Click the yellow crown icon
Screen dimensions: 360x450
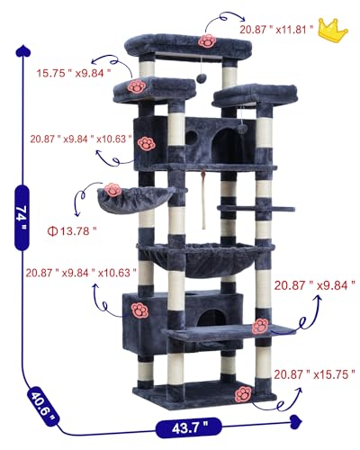(x=332, y=29)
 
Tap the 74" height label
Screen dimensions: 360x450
(x=22, y=218)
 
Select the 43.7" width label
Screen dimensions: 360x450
(x=189, y=427)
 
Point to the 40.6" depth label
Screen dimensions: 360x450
(x=43, y=403)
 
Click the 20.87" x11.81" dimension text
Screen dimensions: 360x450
(x=276, y=30)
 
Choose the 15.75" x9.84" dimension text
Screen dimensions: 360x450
(x=74, y=73)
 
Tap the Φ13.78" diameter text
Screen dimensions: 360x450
(x=72, y=231)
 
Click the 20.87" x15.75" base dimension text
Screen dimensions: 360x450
(x=314, y=374)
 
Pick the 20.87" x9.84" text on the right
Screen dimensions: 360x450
(x=315, y=285)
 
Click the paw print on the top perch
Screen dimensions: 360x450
(x=207, y=41)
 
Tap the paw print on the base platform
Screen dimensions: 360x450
(x=243, y=394)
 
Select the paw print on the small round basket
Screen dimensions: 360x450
(x=112, y=190)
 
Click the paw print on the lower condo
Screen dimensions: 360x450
(x=139, y=310)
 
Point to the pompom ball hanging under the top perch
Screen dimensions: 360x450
(x=201, y=78)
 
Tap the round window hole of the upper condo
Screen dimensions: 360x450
(x=192, y=137)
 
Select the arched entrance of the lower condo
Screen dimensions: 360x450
(x=211, y=318)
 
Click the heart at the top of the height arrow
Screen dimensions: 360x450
(x=23, y=51)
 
